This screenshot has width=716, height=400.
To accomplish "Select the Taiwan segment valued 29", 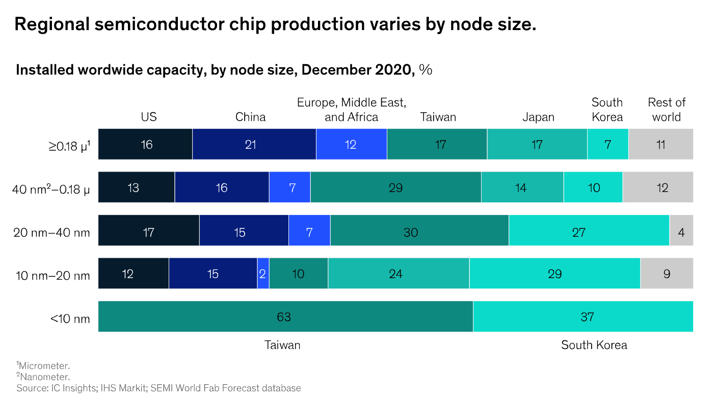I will coord(395,188).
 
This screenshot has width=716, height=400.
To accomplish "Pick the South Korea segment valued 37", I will coord(582,316).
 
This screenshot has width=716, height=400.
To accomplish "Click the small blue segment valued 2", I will coord(263,274).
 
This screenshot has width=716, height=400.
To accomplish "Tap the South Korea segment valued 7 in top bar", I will coord(607,144).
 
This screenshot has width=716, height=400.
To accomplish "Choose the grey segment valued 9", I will coord(667,274).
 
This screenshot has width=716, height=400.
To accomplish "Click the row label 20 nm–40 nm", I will coord(51,233).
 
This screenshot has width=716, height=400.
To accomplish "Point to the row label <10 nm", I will coord(70,319).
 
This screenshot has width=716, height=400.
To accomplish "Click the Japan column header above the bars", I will coord(538,117).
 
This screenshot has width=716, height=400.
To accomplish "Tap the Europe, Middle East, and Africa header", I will coord(352,110).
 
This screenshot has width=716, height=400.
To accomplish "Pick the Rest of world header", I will coord(667,110).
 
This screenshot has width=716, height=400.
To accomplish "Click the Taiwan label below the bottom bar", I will coord(282,345).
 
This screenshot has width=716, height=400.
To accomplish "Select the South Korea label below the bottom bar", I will coord(594,345).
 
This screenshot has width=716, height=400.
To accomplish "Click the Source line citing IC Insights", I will coord(158,388).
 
